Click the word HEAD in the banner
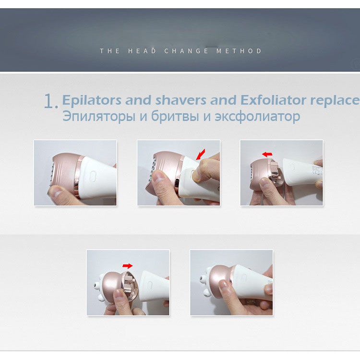point(142,51)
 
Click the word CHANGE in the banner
point(186,51)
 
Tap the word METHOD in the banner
point(239,51)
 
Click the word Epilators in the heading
point(92,100)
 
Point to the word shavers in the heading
point(180,100)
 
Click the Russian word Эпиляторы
point(99,117)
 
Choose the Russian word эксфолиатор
point(257,117)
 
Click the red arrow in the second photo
point(201,154)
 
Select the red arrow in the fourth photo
point(127,266)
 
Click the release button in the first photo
point(93,176)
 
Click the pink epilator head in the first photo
point(65,174)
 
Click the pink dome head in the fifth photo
point(220,281)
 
